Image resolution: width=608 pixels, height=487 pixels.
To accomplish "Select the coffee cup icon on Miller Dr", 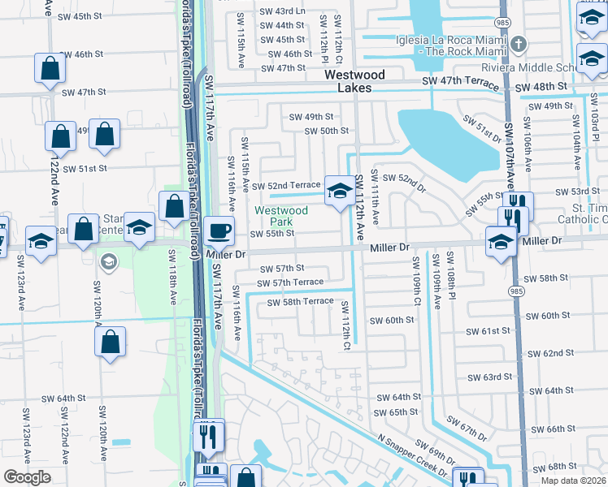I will coord(219,231).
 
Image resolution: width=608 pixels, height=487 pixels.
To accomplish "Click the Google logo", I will coord(27,477).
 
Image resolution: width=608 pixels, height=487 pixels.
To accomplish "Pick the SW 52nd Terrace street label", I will coord(286,185).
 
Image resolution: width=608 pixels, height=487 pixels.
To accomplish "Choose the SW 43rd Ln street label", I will coord(283,11).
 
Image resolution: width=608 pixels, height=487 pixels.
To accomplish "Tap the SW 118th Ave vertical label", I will coord(172,277).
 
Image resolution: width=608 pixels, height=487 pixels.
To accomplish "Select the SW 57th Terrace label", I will coord(289,282).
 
